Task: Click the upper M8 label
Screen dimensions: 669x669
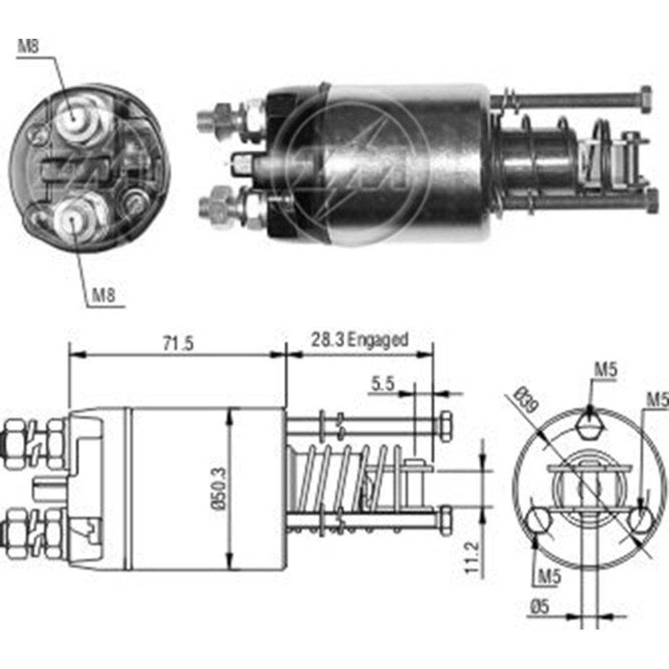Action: pos(27,47)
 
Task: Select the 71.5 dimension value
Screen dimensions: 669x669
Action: pos(178,344)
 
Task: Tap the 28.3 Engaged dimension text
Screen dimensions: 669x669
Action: pos(359,340)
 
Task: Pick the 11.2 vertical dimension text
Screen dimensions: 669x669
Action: pos(474,555)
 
